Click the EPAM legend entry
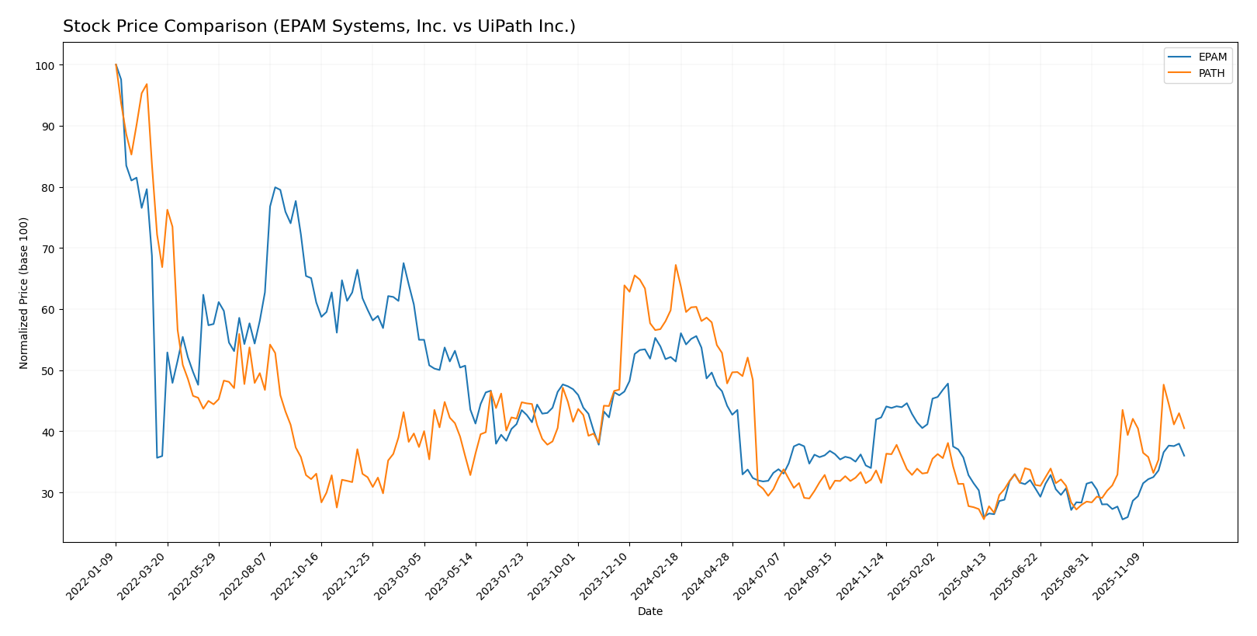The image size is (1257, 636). [1212, 57]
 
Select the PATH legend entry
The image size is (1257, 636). [1211, 74]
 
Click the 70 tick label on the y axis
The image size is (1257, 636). [47, 248]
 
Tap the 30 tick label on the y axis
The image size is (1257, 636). [47, 493]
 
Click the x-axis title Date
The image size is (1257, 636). [649, 612]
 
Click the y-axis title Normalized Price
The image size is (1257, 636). [24, 293]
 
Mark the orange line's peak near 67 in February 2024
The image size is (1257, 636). [675, 265]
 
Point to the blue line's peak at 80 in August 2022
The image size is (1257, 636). [275, 187]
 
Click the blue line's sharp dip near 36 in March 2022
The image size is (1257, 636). [157, 457]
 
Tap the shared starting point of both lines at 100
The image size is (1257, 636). [116, 64]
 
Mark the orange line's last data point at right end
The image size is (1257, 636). [1184, 429]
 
